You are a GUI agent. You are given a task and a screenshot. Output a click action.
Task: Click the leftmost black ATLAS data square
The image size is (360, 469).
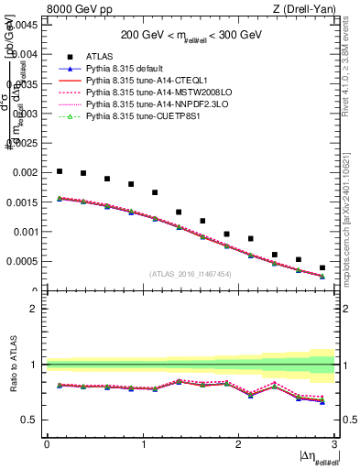pos(60,171)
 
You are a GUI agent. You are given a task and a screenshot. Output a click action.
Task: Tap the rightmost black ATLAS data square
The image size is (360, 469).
pos(322,267)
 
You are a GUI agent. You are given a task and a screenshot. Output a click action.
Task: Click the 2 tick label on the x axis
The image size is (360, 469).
pos(238,444)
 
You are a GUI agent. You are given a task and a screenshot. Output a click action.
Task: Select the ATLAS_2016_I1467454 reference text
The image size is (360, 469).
pos(191,274)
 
